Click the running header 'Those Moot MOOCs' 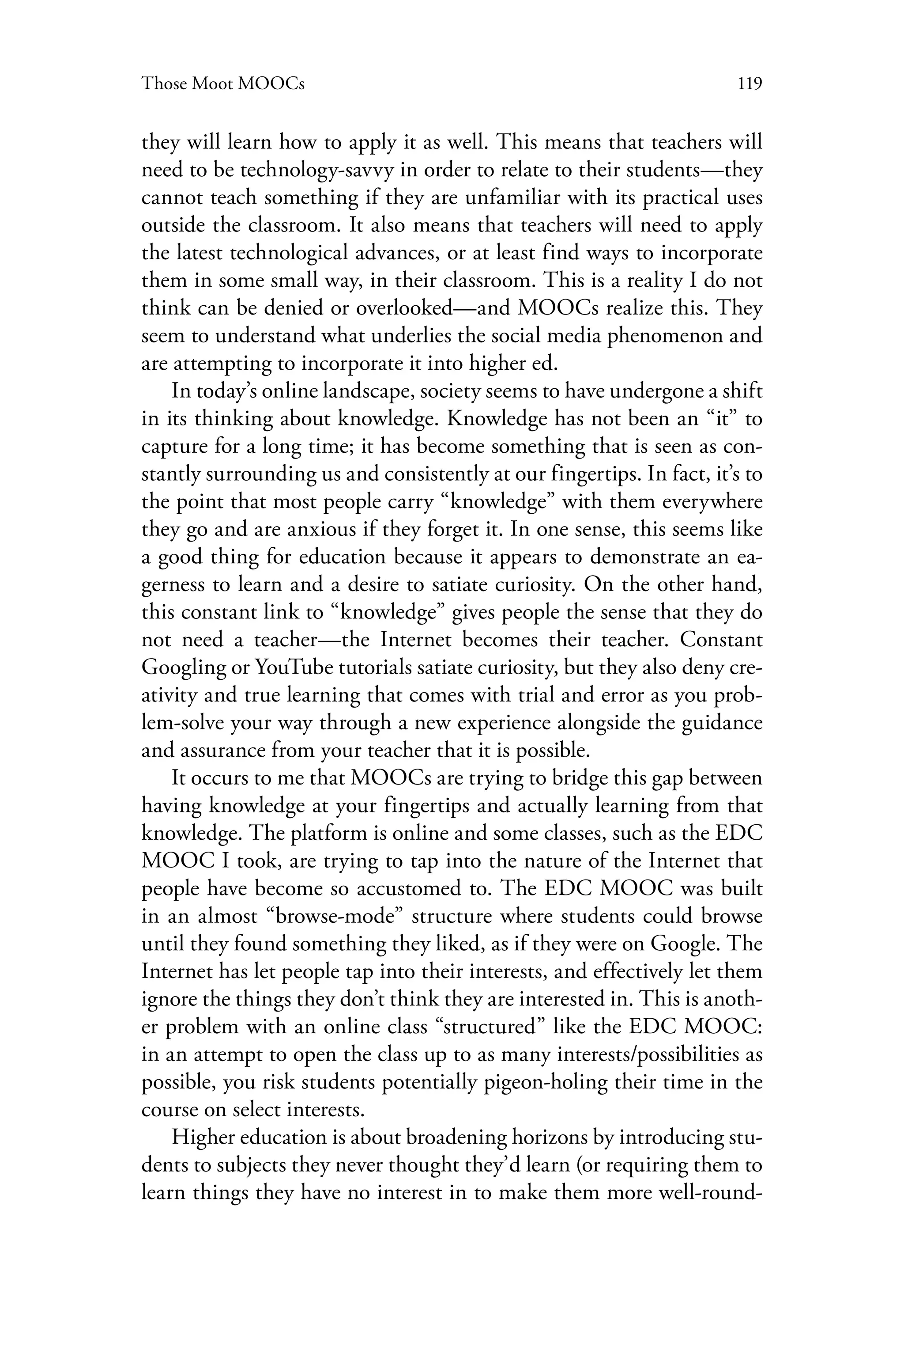[223, 84]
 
